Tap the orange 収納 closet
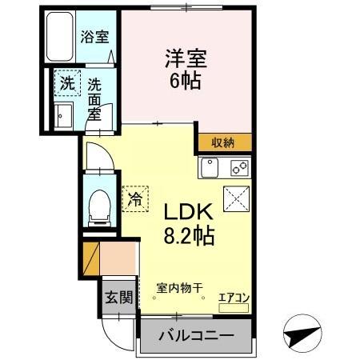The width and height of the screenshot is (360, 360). [x=222, y=143]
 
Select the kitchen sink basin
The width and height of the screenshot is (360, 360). [x=210, y=168]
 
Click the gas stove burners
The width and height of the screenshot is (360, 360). [x=239, y=168]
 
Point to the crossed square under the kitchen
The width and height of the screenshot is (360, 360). [x=237, y=197]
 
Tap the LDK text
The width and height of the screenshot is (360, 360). [x=189, y=214]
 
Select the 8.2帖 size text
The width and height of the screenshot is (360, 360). [x=189, y=237]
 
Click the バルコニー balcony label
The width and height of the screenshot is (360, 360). [x=195, y=334]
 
